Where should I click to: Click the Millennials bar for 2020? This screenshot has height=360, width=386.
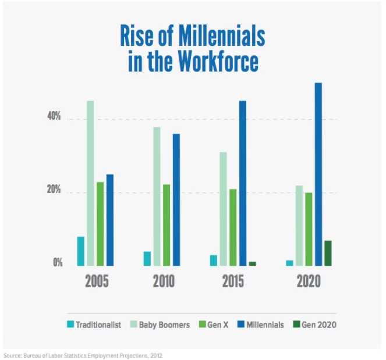coord(318,174)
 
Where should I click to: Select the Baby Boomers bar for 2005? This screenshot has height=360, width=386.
coord(90,183)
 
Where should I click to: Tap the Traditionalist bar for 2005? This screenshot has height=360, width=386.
coord(80,251)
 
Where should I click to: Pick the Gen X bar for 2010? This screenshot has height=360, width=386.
coord(167,225)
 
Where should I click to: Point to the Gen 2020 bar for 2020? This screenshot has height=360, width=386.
coord(328,253)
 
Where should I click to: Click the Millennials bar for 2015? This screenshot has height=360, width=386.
coord(242,183)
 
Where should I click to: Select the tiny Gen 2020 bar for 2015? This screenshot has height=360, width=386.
coord(252,263)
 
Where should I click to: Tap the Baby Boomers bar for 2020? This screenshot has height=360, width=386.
coord(299,226)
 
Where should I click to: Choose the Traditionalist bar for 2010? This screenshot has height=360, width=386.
coord(147,258)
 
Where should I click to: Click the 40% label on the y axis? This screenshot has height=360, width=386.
coord(54,117)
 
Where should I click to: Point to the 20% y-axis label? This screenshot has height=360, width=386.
coord(54,191)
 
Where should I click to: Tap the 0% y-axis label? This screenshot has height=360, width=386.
coord(57,263)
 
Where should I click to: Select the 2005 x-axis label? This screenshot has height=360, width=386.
coord(97,282)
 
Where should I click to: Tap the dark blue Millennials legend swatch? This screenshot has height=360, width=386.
coord(240,325)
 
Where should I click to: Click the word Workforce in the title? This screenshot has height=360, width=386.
coord(221,62)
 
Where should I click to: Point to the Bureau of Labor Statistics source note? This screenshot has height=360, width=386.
coord(87,354)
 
